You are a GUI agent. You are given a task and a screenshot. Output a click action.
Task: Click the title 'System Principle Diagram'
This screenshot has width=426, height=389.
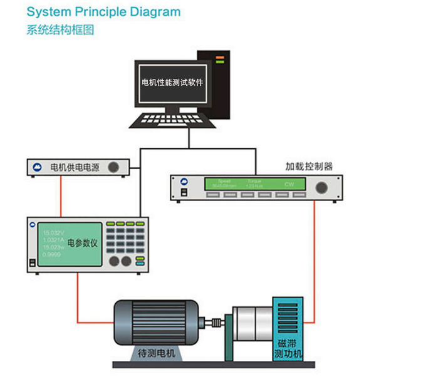(103, 12)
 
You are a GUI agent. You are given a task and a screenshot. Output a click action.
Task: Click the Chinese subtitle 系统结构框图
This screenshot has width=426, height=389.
(60, 29)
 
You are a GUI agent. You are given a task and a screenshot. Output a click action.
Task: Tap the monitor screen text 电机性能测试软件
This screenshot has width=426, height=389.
(172, 82)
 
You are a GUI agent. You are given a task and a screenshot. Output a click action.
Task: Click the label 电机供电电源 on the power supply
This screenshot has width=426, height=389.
(75, 167)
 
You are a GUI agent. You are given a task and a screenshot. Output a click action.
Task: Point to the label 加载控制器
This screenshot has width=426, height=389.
(309, 166)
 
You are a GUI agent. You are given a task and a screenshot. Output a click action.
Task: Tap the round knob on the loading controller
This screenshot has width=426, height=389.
(322, 187)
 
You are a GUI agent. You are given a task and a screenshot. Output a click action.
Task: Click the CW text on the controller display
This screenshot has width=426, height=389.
(289, 185)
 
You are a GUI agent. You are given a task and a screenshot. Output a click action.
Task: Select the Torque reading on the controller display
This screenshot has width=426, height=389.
(254, 184)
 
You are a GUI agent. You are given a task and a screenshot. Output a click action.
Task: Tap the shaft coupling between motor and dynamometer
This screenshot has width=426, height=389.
(217, 324)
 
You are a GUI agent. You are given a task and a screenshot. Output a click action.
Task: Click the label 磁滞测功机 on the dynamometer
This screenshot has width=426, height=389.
(288, 349)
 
